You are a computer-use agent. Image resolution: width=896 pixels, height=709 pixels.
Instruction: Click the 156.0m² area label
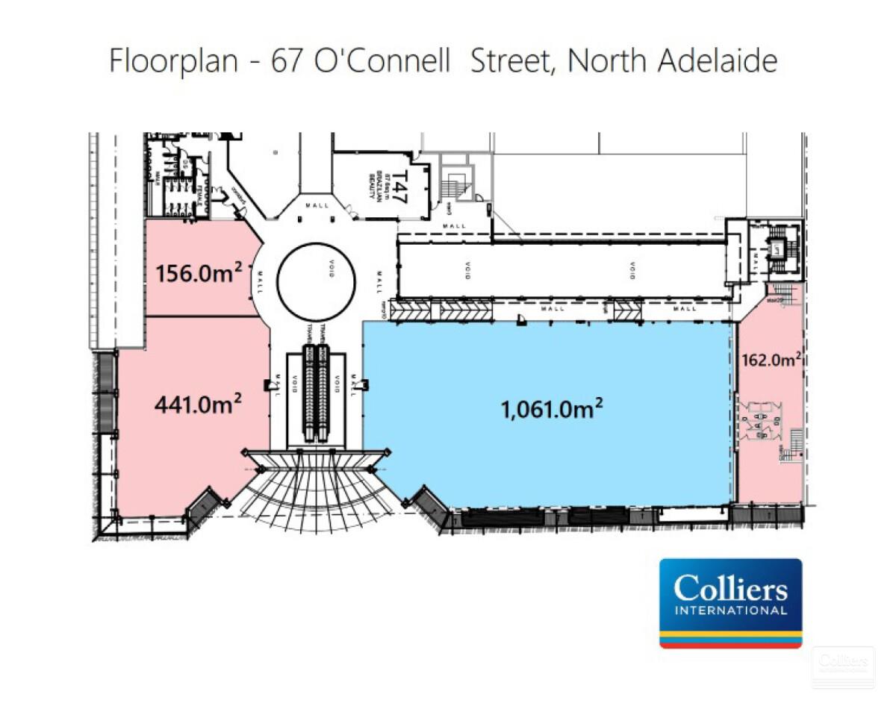[x=199, y=272]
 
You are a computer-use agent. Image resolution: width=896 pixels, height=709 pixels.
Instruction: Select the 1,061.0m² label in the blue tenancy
[x=553, y=408]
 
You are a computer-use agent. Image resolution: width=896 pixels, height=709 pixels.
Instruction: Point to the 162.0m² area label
[x=771, y=360]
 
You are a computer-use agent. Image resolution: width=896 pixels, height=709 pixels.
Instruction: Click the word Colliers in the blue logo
[x=730, y=589]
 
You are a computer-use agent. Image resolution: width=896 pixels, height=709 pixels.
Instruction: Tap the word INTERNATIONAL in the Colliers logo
[x=730, y=610]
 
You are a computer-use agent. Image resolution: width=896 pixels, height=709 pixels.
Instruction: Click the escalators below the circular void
[x=316, y=392]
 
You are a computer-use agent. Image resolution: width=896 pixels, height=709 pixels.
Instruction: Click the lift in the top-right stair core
[x=777, y=257]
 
